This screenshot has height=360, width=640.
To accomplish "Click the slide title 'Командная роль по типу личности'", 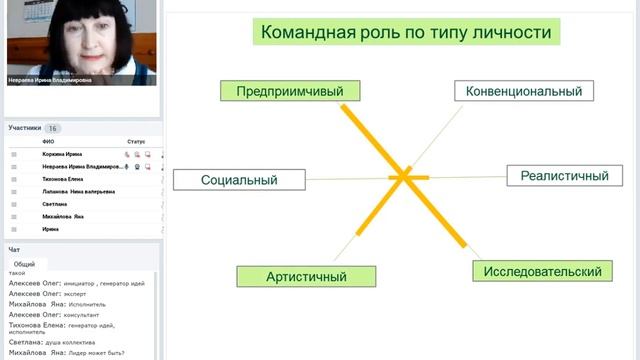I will click(x=405, y=32).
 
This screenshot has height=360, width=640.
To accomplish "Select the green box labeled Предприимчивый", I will click(x=289, y=91).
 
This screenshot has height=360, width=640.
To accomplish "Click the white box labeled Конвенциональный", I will click(x=524, y=91).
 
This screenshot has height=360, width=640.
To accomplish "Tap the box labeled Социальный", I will click(x=239, y=180).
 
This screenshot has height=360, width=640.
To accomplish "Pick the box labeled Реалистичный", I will click(x=564, y=176).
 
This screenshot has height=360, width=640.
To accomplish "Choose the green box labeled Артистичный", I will click(x=306, y=276).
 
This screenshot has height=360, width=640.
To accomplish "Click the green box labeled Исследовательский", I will click(x=541, y=271).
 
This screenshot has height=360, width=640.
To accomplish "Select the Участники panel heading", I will click(x=25, y=128).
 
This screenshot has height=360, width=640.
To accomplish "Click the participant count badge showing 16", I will click(x=53, y=128).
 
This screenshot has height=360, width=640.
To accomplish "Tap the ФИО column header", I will click(x=48, y=142).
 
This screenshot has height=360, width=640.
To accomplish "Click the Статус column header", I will click(x=136, y=142).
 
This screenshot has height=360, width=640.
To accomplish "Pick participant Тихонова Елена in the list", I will click(x=63, y=179).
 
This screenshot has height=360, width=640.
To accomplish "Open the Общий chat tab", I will click(x=24, y=264).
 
